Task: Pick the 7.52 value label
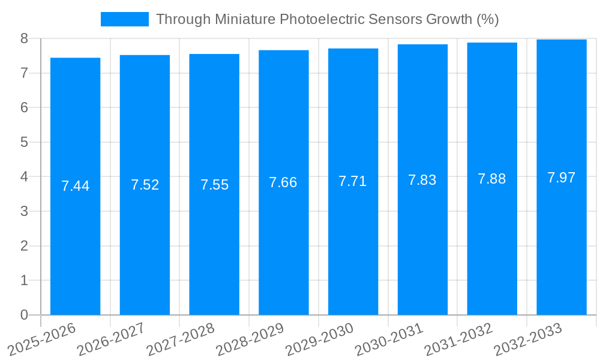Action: [145, 185]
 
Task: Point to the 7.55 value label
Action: [214, 185]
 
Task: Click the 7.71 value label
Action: [353, 181]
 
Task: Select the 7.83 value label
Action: [422, 180]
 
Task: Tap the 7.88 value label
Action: [492, 179]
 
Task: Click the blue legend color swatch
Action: [124, 19]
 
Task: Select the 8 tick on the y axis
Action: [24, 39]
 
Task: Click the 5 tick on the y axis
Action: [24, 143]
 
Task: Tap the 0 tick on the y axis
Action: [24, 315]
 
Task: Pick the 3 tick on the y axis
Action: [24, 212]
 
